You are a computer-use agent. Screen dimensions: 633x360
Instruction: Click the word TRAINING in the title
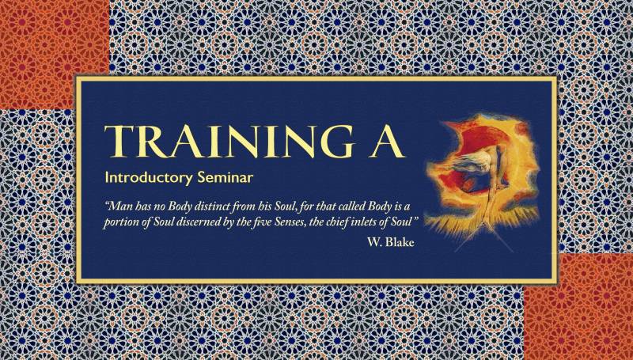click(x=229, y=142)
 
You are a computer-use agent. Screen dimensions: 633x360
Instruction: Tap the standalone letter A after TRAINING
click(x=388, y=142)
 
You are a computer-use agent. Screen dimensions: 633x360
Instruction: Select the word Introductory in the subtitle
click(x=149, y=177)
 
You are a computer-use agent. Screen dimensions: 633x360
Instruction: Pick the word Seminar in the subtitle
click(x=226, y=177)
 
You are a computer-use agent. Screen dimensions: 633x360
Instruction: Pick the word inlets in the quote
click(x=359, y=222)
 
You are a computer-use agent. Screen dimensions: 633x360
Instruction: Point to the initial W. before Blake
click(x=374, y=242)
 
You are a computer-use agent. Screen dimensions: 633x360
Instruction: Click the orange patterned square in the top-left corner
click(x=54, y=55)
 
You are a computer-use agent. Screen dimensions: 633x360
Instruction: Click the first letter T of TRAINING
click(x=118, y=142)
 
